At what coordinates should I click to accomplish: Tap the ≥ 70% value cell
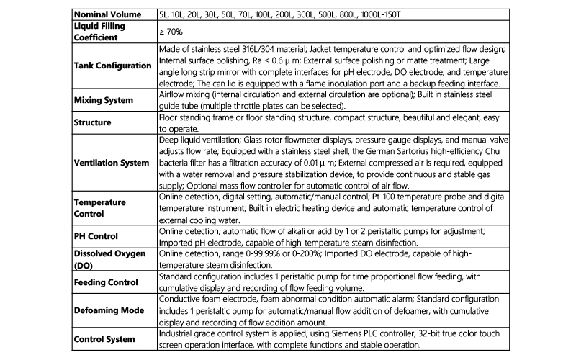[171, 32]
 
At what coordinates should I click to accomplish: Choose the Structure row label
[96, 123]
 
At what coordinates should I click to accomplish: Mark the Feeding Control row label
[111, 283]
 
